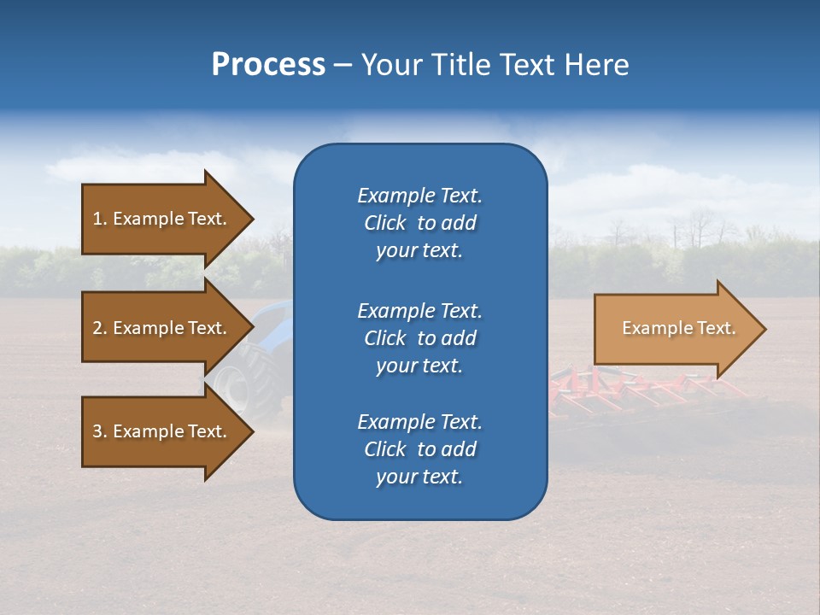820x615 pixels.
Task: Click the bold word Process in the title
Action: click(x=268, y=65)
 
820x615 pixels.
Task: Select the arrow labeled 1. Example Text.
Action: click(x=162, y=219)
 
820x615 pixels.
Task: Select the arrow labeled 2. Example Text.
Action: click(x=162, y=328)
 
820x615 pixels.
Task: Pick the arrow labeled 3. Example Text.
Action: click(x=162, y=431)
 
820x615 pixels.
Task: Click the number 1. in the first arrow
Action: click(x=100, y=219)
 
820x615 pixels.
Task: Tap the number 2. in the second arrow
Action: click(x=100, y=328)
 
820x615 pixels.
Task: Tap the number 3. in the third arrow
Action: click(x=100, y=431)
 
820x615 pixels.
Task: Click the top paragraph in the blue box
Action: click(x=419, y=223)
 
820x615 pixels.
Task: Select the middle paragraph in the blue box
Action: click(x=419, y=337)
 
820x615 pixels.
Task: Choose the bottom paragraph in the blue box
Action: click(x=419, y=449)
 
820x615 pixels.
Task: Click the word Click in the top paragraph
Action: click(x=384, y=223)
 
